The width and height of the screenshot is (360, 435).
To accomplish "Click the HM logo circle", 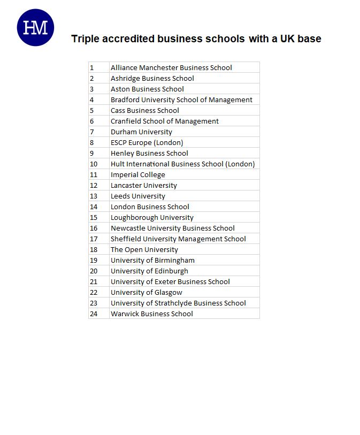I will tap(36, 28).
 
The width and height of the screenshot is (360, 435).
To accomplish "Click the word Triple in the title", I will tap(86, 39).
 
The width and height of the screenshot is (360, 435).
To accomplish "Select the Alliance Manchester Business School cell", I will tap(171, 67).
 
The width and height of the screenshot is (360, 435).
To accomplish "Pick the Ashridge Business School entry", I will tap(152, 78).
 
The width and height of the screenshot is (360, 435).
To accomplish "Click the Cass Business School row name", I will tap(144, 110).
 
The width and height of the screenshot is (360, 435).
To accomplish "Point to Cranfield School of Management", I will tap(164, 121).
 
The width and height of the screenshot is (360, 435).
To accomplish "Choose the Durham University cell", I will tap(141, 132).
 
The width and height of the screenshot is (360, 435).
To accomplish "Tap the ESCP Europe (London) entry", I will tap(147, 142).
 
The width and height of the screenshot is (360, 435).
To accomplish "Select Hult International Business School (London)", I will tap(182, 164).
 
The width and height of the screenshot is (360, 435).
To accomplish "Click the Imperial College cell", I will tap(137, 174).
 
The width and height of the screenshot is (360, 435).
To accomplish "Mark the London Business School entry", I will tap(150, 207).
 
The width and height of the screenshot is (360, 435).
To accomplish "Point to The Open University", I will tap(144, 249).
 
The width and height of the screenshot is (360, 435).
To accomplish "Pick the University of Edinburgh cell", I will tap(149, 271).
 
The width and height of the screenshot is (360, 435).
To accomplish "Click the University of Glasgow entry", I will tap(146, 292).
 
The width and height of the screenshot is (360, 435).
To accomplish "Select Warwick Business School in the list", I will tap(151, 314).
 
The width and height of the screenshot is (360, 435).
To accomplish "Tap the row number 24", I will tap(94, 314).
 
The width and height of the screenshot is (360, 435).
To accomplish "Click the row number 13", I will tap(94, 196).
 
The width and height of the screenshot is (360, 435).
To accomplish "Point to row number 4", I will tap(92, 100).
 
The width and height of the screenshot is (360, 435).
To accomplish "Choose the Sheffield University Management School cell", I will tap(178, 239).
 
